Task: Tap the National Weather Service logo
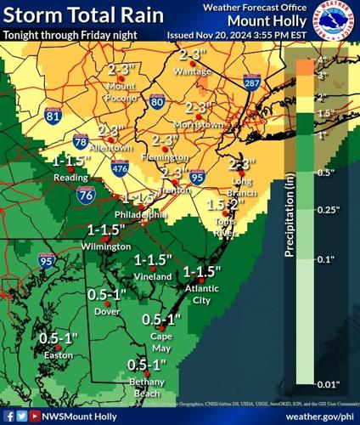pyautogui.click(x=335, y=20)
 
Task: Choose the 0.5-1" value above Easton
pyautogui.click(x=59, y=337)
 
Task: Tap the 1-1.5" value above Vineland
pyautogui.click(x=154, y=259)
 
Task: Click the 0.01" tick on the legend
pyautogui.click(x=329, y=384)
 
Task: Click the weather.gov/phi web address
pyautogui.click(x=319, y=416)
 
